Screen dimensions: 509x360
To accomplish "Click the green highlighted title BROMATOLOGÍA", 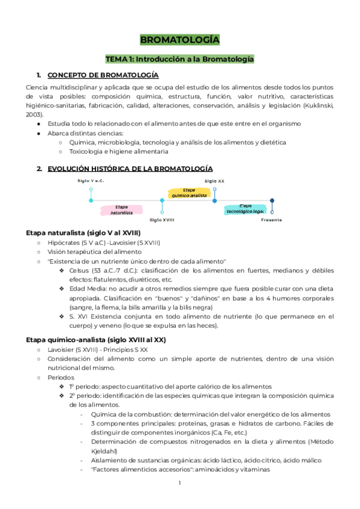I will tap(179, 40).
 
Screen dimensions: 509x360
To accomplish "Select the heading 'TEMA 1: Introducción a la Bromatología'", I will tap(179, 59).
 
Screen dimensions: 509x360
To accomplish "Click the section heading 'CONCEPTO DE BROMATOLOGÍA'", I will tap(103, 75).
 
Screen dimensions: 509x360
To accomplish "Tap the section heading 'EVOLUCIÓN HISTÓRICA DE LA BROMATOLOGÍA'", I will tap(130, 169).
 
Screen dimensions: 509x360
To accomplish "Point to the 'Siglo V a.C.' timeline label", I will tap(91, 180).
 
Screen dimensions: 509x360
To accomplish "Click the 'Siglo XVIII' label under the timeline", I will tap(162, 220).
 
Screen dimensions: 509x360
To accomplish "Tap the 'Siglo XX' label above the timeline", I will tap(214, 181).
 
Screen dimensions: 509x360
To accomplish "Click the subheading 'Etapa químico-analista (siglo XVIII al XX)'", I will tap(96, 339).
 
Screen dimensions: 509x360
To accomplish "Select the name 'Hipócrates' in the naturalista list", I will tap(65, 242).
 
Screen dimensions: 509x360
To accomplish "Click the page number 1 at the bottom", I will tap(179, 483).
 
